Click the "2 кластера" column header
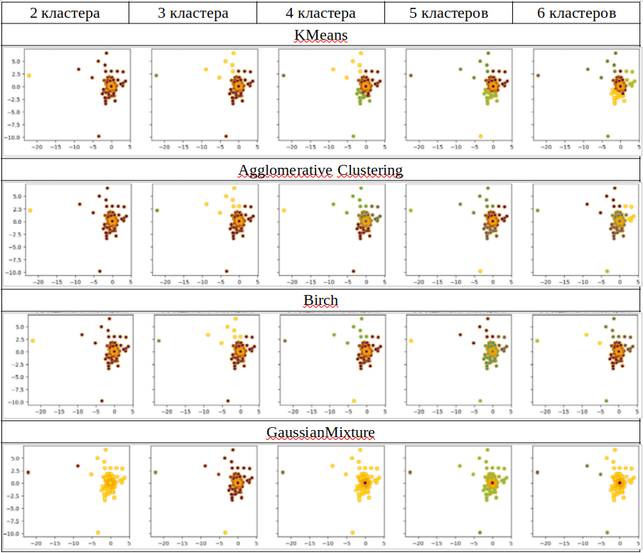point(65,14)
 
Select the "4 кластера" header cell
point(320,14)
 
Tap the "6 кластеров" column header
point(577,14)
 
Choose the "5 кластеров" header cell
point(448,14)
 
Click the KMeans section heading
point(321,35)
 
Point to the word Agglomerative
point(282,170)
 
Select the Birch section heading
point(321,300)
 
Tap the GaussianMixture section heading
point(321,431)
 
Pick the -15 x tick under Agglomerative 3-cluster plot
point(183,281)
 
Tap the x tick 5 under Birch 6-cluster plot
point(637,411)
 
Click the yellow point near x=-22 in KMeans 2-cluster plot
point(29,75)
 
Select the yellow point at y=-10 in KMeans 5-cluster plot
point(480,136)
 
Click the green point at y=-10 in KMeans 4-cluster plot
point(353,136)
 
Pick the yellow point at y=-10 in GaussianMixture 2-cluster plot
point(98,532)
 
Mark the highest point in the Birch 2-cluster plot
point(109,318)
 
